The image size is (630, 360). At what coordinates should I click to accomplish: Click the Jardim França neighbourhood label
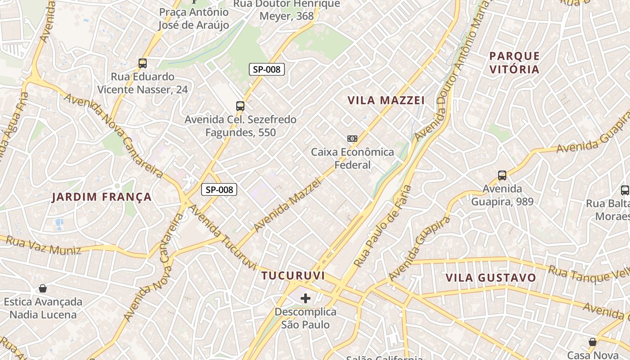(102, 197)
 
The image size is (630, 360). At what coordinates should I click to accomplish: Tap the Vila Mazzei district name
(386, 100)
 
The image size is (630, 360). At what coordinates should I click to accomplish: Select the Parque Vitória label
(514, 63)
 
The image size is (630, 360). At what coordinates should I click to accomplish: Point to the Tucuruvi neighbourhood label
(293, 275)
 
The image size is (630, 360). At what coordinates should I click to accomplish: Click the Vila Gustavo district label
(491, 278)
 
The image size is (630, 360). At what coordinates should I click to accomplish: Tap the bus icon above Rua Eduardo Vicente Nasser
(143, 63)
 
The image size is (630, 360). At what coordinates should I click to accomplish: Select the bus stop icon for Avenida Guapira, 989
(502, 175)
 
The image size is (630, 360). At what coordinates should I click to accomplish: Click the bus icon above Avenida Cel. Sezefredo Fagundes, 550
(240, 106)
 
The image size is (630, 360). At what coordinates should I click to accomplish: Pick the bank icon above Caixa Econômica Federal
(352, 139)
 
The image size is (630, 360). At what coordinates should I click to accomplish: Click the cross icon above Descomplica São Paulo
(306, 298)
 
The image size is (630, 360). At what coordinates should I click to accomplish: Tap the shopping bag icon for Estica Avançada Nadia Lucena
(43, 288)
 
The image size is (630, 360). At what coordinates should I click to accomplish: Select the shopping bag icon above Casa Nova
(593, 342)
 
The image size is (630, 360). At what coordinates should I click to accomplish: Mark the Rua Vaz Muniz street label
(43, 246)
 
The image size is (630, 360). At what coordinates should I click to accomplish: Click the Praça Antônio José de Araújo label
(193, 18)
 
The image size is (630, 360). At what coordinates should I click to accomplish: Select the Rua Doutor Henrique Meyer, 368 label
(287, 10)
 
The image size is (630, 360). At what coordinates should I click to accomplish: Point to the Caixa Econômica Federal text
(352, 158)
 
